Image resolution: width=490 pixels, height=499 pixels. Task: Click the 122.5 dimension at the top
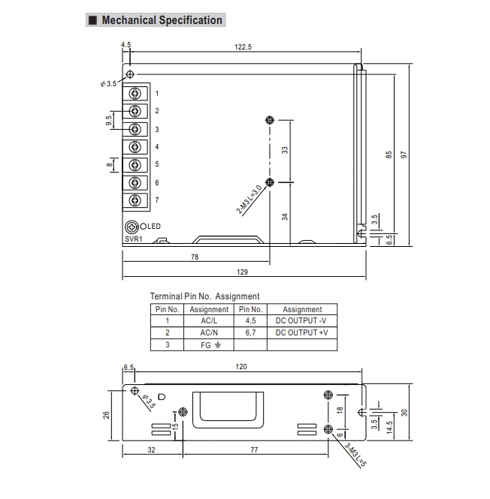point(242,47)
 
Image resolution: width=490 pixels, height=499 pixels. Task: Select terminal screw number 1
point(135,94)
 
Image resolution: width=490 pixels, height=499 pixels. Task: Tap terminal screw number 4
point(135,147)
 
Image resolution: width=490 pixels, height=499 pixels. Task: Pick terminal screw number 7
point(135,200)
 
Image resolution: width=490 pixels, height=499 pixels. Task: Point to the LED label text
point(153,227)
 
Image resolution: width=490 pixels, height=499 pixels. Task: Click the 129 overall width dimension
point(242,272)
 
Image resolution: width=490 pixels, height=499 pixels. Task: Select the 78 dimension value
point(195,257)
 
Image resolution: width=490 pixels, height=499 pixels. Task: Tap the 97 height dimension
point(404,154)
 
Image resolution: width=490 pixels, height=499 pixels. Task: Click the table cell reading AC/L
point(209,320)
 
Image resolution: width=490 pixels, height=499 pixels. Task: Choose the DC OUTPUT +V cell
point(302,332)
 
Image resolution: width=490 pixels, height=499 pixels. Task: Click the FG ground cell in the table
point(209,344)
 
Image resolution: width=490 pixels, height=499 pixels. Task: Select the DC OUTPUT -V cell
point(302,320)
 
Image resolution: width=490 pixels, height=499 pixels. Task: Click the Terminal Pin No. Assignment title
point(204,296)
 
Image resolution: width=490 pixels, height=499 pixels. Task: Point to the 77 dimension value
point(254,449)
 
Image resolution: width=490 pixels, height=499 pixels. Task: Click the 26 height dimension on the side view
point(107,414)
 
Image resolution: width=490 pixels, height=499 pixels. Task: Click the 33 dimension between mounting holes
point(285,150)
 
